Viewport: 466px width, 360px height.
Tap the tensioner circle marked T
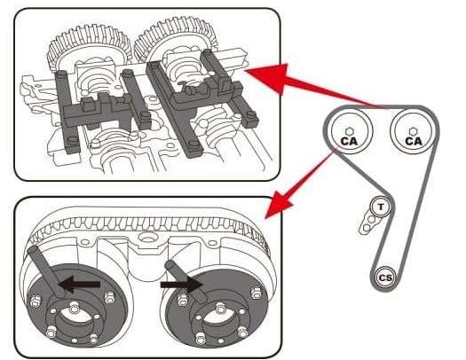click(380, 207)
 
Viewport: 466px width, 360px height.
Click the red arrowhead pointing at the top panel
click(259, 79)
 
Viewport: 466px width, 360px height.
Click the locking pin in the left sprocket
click(46, 266)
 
